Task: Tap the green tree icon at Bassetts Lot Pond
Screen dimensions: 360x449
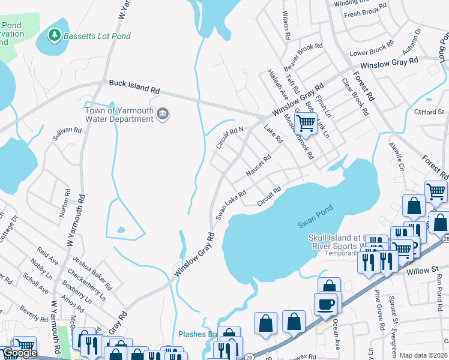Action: [55, 36]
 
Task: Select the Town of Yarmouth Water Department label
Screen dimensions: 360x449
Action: [119, 115]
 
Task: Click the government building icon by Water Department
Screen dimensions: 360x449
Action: [163, 114]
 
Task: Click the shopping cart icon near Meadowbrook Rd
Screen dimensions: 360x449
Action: [306, 123]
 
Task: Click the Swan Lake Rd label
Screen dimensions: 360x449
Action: [232, 205]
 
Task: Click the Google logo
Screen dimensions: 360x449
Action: [19, 353]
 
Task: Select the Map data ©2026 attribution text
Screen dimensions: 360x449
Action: [423, 355]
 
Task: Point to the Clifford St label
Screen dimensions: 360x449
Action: [429, 112]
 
